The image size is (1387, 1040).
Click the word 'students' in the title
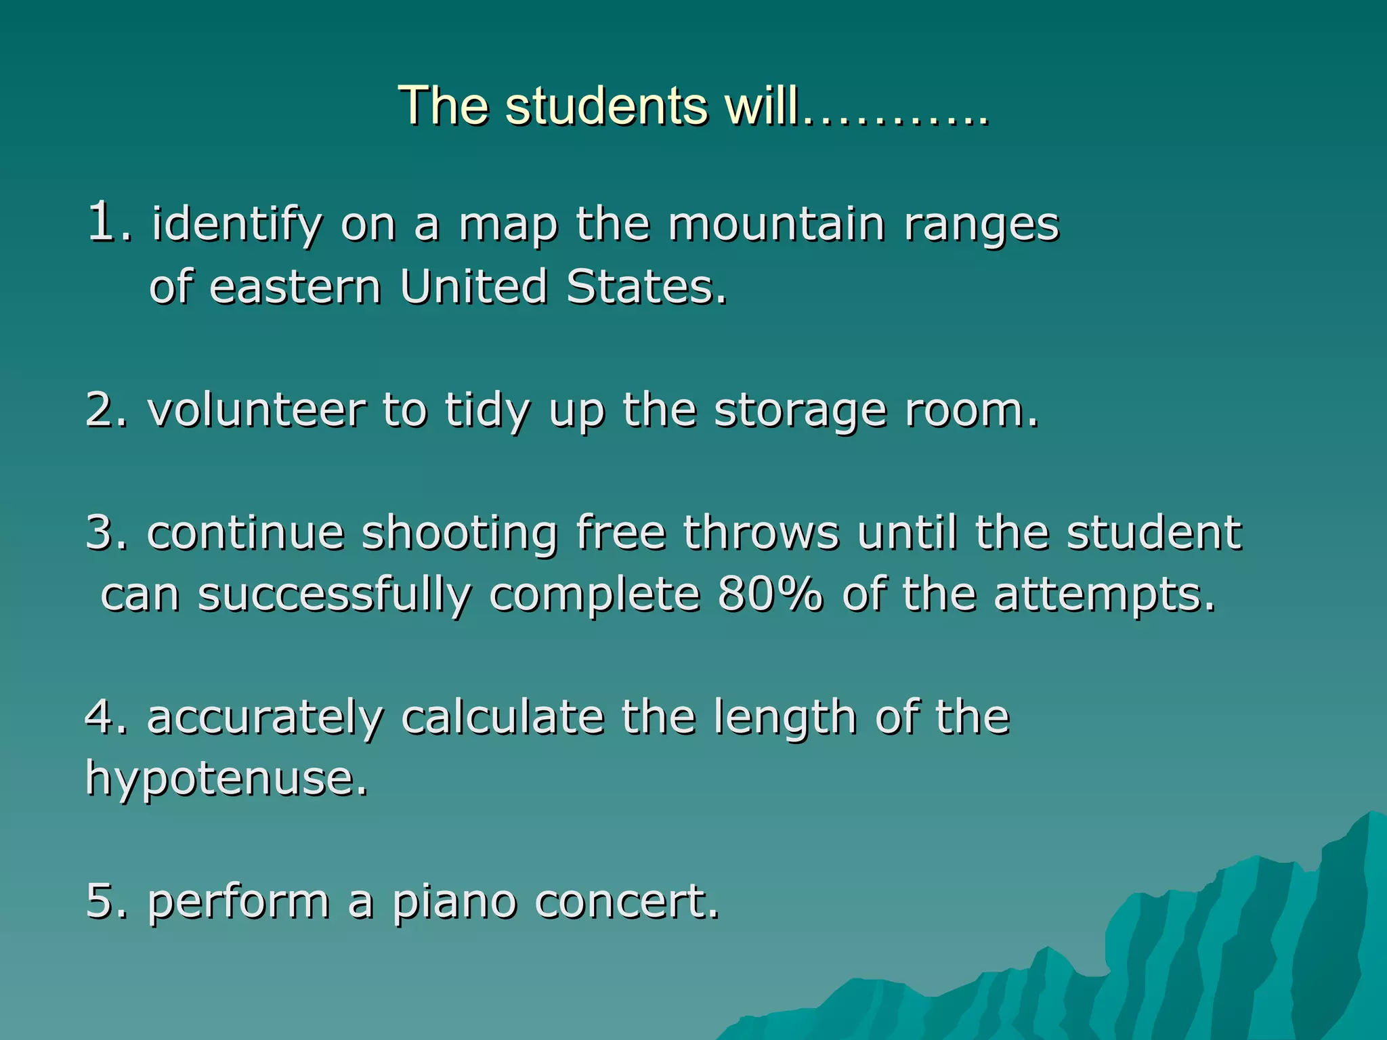point(605,106)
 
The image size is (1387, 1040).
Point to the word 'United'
point(473,286)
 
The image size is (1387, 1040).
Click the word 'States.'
point(647,286)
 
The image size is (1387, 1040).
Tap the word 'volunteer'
point(257,410)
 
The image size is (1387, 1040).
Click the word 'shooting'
point(460,534)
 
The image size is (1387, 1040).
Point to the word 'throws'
point(761,532)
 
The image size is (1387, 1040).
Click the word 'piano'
point(454,903)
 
